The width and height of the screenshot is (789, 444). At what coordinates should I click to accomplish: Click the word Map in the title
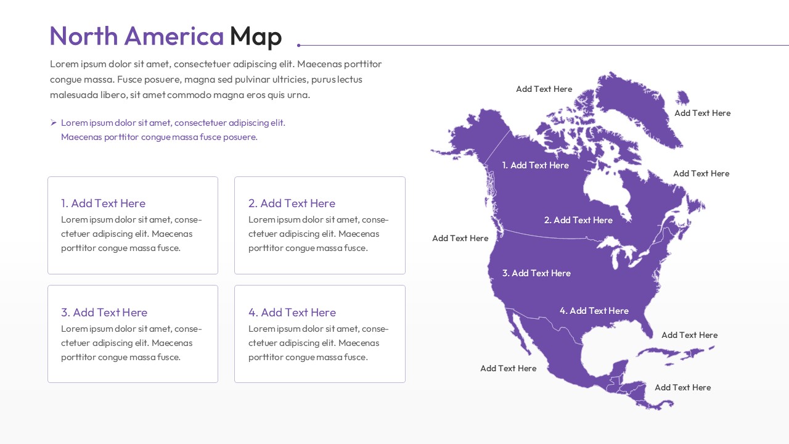click(x=255, y=36)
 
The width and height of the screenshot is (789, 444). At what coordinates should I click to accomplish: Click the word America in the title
click(x=174, y=36)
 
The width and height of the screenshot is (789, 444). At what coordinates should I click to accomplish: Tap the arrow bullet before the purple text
click(x=54, y=123)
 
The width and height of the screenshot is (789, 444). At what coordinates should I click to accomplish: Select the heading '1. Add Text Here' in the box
click(x=103, y=203)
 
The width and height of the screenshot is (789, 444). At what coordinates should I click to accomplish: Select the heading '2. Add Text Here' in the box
click(x=292, y=203)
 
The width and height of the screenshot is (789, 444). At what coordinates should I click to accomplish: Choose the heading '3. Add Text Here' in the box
click(x=104, y=313)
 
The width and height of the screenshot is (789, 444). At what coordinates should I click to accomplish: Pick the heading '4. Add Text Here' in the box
click(x=292, y=313)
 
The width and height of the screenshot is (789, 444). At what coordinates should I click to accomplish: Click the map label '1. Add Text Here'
click(x=535, y=165)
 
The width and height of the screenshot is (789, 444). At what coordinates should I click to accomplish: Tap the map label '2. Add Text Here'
click(x=578, y=220)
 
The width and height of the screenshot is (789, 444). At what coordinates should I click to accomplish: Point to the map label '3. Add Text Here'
click(x=536, y=273)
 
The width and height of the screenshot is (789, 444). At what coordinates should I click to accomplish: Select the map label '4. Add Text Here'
click(x=594, y=311)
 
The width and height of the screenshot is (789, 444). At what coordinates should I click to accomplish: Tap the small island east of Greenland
click(x=682, y=97)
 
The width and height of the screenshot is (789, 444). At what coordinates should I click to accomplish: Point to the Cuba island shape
click(x=663, y=352)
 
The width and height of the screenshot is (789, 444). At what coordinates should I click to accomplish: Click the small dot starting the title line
click(x=299, y=45)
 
